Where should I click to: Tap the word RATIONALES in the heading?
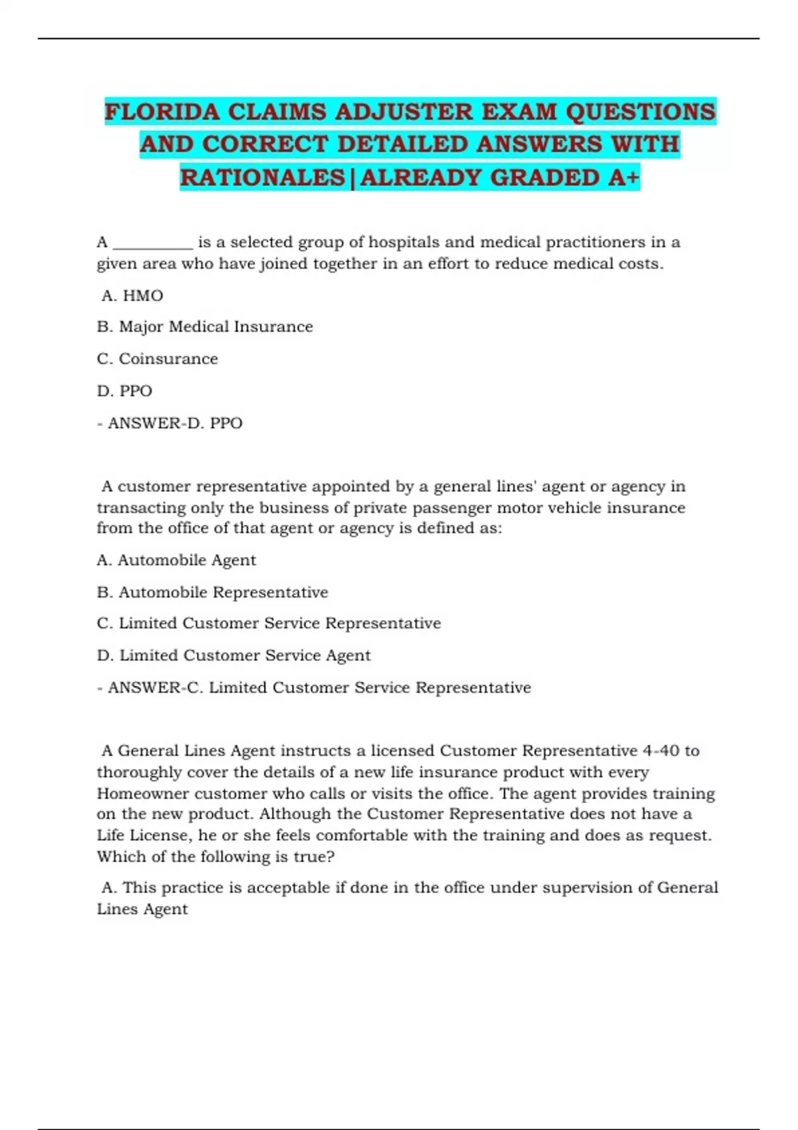click(263, 177)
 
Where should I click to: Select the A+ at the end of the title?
click(623, 177)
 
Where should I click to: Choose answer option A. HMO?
click(132, 295)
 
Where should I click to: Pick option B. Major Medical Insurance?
click(205, 327)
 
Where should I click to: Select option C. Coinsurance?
click(158, 359)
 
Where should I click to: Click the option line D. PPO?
click(124, 391)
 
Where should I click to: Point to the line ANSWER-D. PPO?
click(170, 423)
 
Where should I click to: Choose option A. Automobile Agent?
click(176, 560)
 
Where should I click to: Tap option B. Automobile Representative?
click(213, 592)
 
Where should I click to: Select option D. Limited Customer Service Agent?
click(233, 655)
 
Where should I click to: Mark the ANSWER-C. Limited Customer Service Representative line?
click(314, 687)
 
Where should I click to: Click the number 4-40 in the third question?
click(660, 751)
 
